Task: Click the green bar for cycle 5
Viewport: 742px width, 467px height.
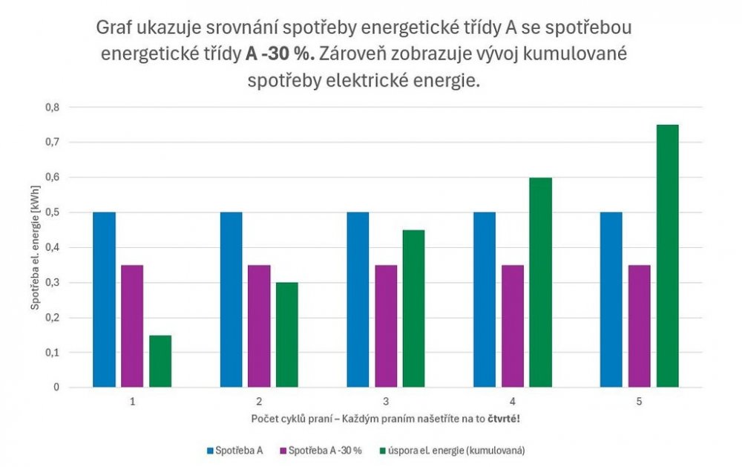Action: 668,256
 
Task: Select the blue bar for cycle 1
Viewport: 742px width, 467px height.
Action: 104,300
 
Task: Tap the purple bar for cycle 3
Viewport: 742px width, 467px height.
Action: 386,326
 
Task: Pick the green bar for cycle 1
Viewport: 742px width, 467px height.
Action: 160,362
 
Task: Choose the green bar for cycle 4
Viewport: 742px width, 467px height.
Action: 541,282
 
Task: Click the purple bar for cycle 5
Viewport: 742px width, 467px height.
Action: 640,326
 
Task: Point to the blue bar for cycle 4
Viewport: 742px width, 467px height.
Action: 485,300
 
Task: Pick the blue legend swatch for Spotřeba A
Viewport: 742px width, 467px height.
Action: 210,451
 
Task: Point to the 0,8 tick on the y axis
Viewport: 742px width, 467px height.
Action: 51,107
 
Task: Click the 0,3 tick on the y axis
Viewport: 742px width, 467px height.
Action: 51,282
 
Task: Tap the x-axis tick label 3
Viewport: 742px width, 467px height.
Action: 386,402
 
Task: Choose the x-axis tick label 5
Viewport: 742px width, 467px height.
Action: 640,402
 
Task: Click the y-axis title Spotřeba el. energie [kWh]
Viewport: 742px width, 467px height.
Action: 35,247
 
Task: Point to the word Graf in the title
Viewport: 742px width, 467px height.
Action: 114,30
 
